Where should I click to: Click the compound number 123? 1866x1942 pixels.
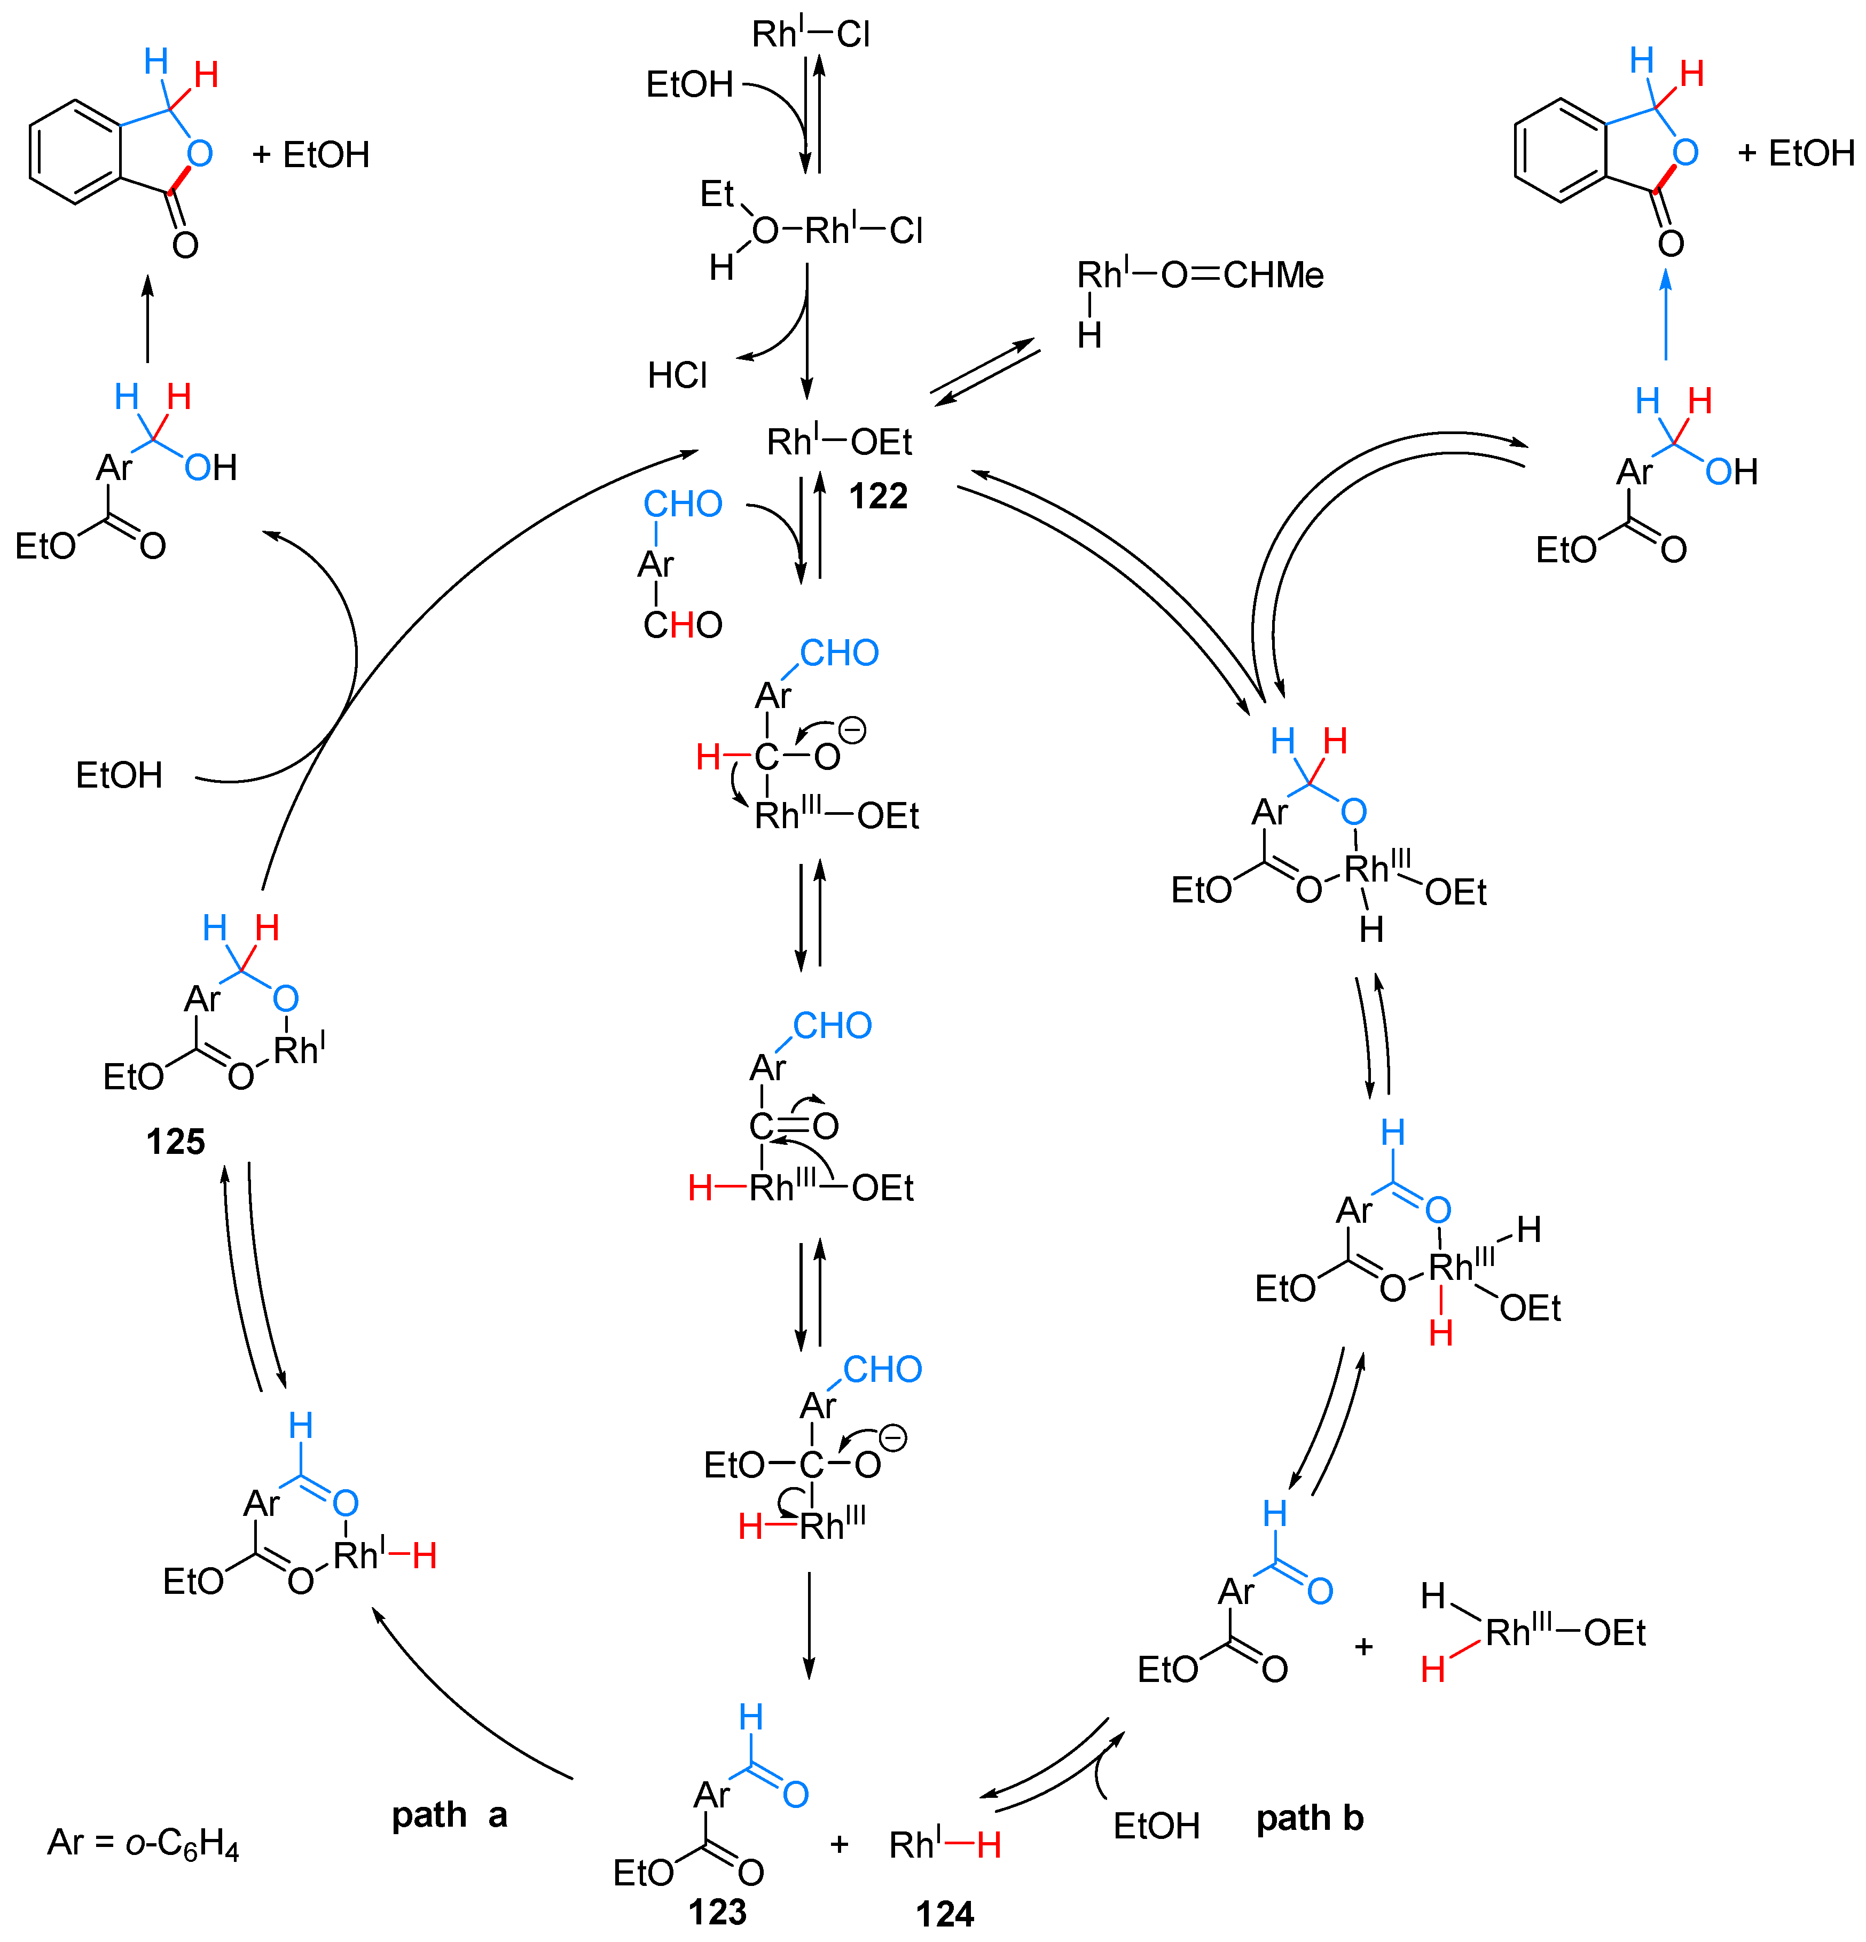717,1911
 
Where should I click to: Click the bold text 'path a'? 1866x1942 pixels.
449,1815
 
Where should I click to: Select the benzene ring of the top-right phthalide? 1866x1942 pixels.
1560,151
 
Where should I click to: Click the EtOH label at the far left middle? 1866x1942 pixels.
119,775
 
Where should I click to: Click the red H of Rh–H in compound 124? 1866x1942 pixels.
988,1845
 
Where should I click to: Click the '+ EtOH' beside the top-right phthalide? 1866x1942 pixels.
1796,154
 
